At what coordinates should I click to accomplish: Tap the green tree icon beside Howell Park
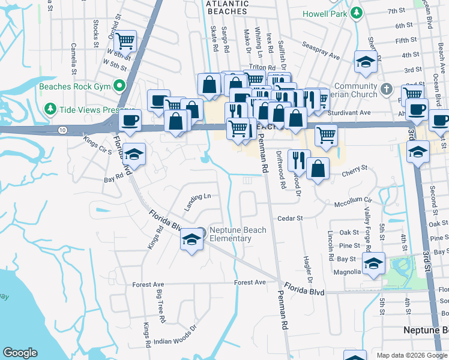[357, 12]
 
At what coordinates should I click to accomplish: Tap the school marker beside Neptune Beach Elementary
[191, 239]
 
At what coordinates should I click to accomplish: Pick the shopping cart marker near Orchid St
[125, 41]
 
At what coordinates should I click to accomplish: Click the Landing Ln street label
[198, 201]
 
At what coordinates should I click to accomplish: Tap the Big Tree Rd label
[160, 307]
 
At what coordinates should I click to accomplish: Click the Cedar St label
[289, 218]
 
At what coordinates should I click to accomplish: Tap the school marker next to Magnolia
[373, 264]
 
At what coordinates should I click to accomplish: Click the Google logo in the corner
[20, 352]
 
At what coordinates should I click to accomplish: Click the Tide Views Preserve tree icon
[50, 110]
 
